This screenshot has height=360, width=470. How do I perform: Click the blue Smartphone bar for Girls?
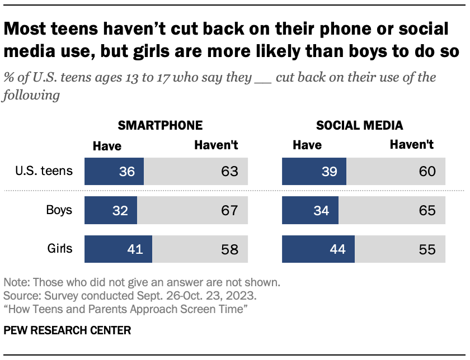tap(118, 249)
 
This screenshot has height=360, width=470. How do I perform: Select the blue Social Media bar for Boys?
tap(310, 211)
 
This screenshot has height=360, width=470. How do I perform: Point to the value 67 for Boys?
tap(229, 211)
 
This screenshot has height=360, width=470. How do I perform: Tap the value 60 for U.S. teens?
tap(427, 172)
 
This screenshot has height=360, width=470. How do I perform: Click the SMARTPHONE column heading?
tap(159, 125)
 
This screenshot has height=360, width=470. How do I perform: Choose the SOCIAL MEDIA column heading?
tap(359, 125)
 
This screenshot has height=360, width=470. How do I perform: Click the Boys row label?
tap(59, 211)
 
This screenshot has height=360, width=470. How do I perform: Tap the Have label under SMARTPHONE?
tap(107, 146)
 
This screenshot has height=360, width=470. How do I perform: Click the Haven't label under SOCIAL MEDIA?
tap(412, 145)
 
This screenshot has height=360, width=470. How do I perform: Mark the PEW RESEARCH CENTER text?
tap(67, 330)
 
